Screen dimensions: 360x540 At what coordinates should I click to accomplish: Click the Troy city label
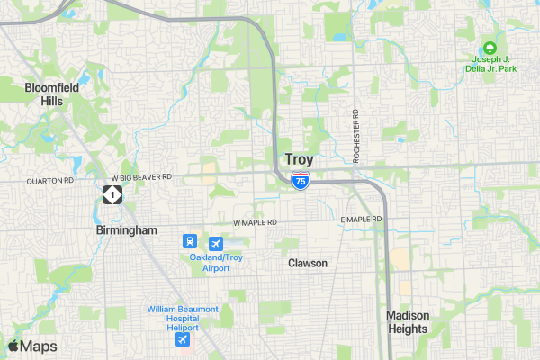click(x=300, y=159)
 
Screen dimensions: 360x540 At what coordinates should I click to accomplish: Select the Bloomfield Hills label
click(x=51, y=94)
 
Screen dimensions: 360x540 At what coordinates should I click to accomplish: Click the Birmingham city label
click(x=127, y=230)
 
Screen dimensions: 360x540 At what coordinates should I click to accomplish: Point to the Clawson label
click(x=308, y=263)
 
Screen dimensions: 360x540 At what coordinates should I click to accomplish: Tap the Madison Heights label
click(x=408, y=321)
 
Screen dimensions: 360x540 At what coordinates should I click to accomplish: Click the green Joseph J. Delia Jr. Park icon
click(x=490, y=48)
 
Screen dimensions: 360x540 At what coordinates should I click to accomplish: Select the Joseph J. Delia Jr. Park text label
click(x=490, y=65)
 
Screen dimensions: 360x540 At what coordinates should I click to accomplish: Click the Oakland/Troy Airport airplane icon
click(x=216, y=243)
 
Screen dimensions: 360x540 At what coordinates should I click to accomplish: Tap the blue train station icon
click(x=190, y=242)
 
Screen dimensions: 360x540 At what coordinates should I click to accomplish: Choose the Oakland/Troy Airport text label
click(x=216, y=263)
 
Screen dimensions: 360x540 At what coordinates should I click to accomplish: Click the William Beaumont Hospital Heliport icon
click(x=183, y=339)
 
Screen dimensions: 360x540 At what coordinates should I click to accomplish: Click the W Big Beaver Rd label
click(x=141, y=177)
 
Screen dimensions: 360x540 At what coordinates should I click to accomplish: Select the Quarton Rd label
click(x=50, y=180)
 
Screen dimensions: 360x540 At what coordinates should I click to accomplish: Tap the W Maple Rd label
click(x=257, y=222)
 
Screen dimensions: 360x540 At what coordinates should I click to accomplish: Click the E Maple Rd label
click(x=362, y=220)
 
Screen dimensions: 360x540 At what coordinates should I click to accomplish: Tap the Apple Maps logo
click(x=32, y=346)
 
